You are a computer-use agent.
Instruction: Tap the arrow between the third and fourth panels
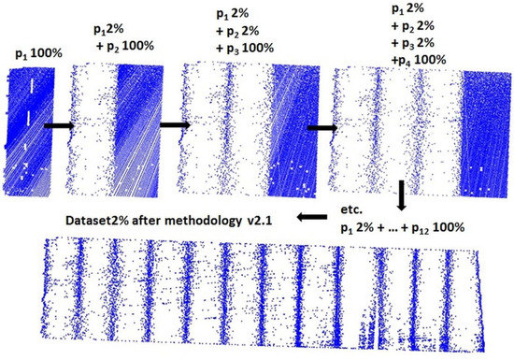click(x=322, y=128)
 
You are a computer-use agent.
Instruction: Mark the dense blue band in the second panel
click(x=140, y=122)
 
